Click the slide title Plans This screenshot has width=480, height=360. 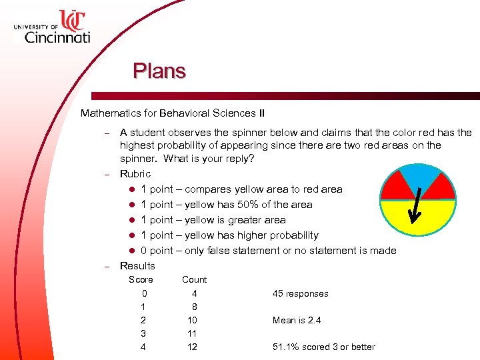(x=159, y=70)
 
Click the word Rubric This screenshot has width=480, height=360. (x=135, y=174)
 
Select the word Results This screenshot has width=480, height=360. (x=137, y=266)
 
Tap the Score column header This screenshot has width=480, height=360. (x=141, y=280)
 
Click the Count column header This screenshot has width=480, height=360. (x=194, y=280)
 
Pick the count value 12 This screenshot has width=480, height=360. (x=192, y=347)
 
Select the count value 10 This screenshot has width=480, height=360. (x=192, y=320)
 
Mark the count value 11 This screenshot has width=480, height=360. (x=192, y=333)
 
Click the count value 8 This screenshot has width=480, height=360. (x=194, y=307)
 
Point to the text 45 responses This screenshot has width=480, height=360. (x=300, y=293)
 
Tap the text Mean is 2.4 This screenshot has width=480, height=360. (x=297, y=320)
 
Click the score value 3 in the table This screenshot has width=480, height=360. (x=144, y=333)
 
